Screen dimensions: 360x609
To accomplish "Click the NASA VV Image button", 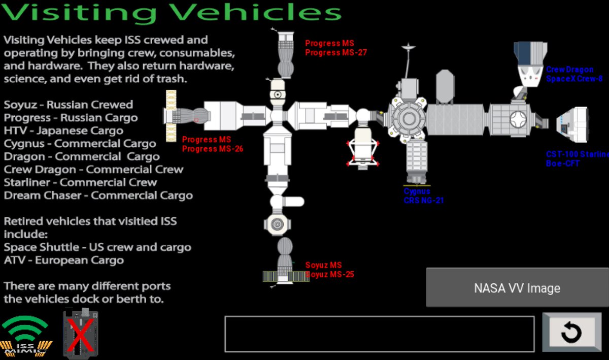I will [517, 288].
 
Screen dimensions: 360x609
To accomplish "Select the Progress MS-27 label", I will [335, 48].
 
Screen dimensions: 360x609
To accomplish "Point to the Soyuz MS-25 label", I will [329, 270].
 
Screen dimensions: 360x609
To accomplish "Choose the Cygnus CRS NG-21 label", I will [423, 196].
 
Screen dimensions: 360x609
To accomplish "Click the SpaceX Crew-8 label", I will [574, 74].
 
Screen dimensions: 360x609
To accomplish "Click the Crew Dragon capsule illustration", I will [530, 63].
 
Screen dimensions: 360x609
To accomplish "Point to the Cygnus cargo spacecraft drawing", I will [417, 161].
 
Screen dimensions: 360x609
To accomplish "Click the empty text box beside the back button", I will [379, 334].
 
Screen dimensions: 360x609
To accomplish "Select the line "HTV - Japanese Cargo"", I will [63, 130].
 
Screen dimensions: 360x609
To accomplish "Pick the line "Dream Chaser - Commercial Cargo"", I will [98, 195].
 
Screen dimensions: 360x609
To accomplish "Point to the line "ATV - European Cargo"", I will [64, 260].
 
